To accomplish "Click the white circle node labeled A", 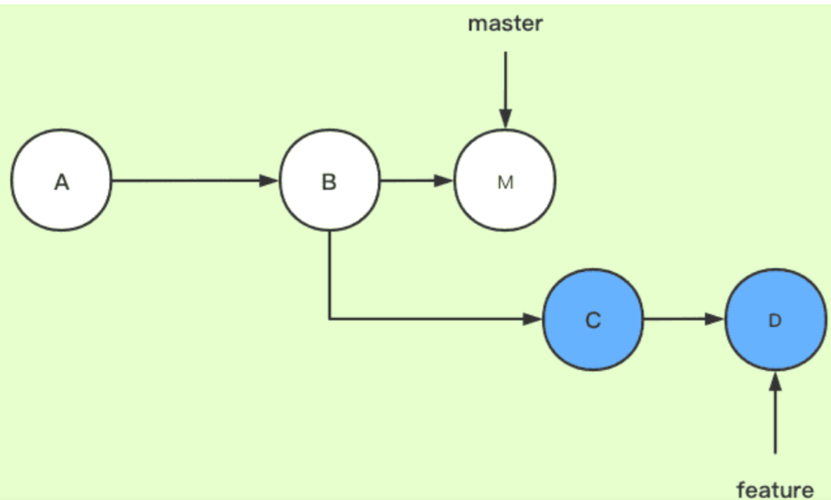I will point(61,181).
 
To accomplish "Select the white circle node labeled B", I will point(329,181).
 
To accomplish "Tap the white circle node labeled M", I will point(505,181).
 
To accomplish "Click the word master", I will point(505,24).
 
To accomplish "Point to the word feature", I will point(775,489).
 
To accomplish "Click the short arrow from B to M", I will point(417,181).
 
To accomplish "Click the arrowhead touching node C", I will point(533,320).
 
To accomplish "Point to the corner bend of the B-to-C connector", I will point(330,320).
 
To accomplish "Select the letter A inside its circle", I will point(62,182).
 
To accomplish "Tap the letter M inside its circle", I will point(505,182).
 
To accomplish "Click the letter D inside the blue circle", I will point(775,320).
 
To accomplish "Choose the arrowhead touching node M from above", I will point(505,121).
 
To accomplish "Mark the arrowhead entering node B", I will point(269,181).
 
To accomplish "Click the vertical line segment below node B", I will point(330,274).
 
